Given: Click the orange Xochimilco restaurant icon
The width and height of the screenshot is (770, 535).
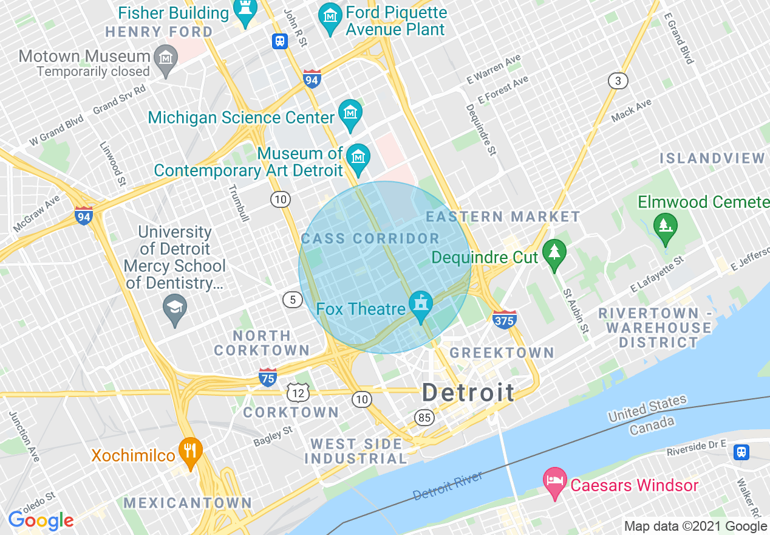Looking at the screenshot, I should click(191, 452).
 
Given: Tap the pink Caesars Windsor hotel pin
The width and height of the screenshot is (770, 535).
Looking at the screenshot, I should click(554, 482).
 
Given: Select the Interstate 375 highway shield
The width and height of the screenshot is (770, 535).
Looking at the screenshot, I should click(505, 319).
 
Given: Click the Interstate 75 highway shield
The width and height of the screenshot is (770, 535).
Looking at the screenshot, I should click(268, 377).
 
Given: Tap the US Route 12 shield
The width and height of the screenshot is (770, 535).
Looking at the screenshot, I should click(298, 393).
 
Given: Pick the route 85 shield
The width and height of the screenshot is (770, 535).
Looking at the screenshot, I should click(424, 417).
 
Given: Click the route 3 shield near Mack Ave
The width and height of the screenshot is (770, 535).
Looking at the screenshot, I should click(618, 81).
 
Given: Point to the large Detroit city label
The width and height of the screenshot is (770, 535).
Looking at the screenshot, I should click(468, 392).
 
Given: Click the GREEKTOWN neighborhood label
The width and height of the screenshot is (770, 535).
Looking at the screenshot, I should click(502, 353).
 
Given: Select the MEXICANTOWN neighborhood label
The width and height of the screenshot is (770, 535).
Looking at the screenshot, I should click(188, 503).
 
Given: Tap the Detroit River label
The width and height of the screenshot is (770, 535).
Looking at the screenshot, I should click(448, 486).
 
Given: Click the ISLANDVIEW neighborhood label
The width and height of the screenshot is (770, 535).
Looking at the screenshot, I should click(712, 159).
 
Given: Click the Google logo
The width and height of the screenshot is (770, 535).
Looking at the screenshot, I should click(41, 520).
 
